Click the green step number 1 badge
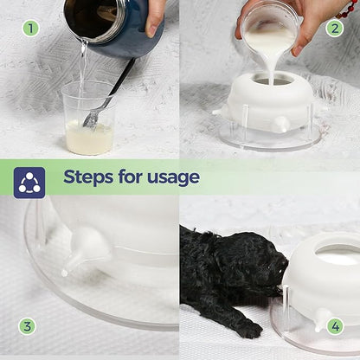coord(30,28)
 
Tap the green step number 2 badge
coord(335,28)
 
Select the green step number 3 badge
coord(27,326)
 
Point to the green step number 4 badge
coord(335,326)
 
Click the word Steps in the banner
coord(88,177)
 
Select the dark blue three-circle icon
coord(29,183)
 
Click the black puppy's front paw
coord(251,329)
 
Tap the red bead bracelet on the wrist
coord(348,10)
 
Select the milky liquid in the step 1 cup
coord(89,138)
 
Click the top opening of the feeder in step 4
coord(337,255)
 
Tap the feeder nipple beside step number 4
coord(321,319)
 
